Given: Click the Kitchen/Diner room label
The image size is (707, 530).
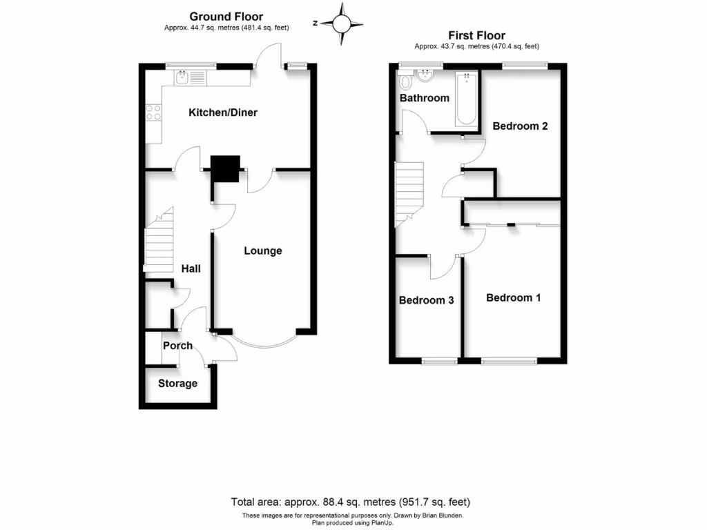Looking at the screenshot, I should [x=223, y=112].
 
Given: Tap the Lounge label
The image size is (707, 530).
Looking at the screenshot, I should [x=263, y=251].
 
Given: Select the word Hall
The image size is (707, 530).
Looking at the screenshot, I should [x=191, y=268].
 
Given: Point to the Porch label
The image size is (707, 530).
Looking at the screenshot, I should [x=177, y=345].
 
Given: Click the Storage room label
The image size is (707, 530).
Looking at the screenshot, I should [x=177, y=383].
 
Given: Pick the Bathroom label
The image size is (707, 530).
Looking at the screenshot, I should [x=425, y=98].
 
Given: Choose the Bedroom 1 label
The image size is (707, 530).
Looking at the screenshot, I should [x=513, y=297].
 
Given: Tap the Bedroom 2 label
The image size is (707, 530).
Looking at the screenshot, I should [x=520, y=126].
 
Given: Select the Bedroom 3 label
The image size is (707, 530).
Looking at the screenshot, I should [x=426, y=300].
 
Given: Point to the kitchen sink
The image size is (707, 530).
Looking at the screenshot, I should [x=183, y=78].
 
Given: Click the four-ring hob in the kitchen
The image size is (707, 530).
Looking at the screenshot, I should [x=153, y=112].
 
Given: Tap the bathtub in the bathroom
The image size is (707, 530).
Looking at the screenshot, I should [x=466, y=100].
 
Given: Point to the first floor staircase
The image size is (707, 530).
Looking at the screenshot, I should [x=407, y=194].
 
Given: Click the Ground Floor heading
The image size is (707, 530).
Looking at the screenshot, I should [x=226, y=17].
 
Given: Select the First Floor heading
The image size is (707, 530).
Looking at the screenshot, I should [x=476, y=35].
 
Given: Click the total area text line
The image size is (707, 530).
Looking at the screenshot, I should [x=353, y=502].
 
